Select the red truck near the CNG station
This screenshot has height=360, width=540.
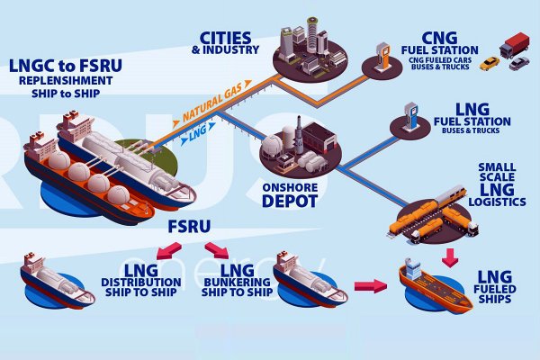(x=515, y=45)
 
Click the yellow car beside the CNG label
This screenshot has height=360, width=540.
(x=489, y=63)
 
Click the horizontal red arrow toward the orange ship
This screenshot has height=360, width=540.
(x=365, y=286)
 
